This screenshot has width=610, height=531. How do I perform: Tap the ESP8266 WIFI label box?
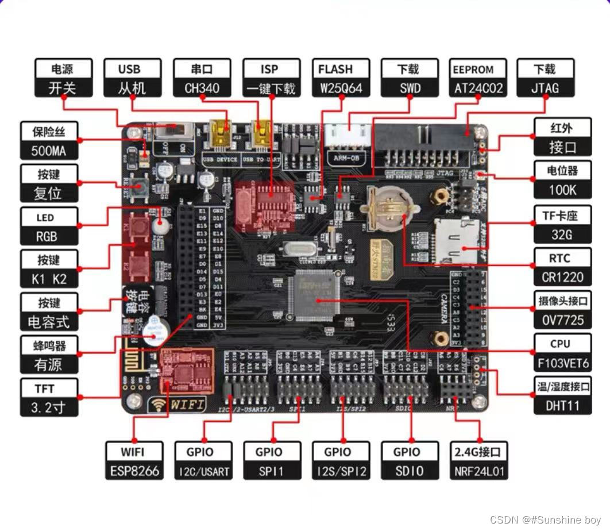coord(133,461)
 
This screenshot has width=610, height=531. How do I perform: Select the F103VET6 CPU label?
coord(562,353)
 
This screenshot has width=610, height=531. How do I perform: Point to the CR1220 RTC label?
coord(562,267)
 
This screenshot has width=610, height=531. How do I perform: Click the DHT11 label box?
coord(562,396)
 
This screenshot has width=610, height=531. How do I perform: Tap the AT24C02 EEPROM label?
coord(478,78)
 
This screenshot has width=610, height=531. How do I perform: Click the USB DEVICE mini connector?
coord(219,132)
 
